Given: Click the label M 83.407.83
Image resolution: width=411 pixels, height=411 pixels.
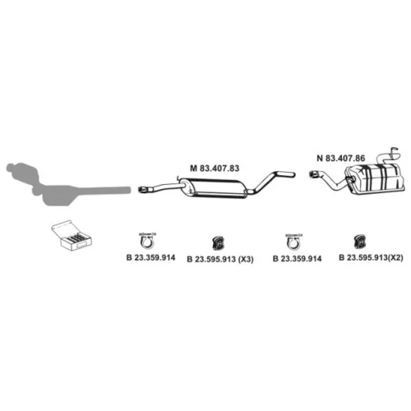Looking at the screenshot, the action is (x=215, y=168).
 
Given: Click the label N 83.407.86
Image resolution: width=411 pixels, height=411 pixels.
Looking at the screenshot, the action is (x=341, y=158).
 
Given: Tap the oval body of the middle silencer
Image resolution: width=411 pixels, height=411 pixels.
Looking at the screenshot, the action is (x=214, y=188).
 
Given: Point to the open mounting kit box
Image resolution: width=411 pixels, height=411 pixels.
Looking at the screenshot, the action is (x=72, y=235).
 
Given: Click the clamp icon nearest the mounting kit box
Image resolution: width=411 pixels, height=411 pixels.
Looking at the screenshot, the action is (x=147, y=241).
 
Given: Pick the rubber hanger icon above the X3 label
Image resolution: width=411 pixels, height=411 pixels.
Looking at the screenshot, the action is (x=218, y=242).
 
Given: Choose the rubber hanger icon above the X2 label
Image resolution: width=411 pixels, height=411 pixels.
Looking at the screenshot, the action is (x=360, y=242).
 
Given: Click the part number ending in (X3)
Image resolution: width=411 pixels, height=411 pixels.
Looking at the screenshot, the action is (x=220, y=259).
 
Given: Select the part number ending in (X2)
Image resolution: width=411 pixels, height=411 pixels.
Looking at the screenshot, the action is (x=371, y=257).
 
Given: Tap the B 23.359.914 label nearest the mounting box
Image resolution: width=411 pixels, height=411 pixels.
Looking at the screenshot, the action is (x=150, y=257).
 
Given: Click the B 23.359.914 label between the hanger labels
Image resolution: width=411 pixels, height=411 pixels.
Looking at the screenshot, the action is (x=298, y=259).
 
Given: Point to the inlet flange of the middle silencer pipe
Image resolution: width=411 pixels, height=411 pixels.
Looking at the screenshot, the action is (x=142, y=189).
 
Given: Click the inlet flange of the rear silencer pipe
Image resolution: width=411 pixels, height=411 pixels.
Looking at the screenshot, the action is (x=313, y=174).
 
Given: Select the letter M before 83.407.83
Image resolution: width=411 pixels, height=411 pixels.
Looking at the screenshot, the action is (x=193, y=168).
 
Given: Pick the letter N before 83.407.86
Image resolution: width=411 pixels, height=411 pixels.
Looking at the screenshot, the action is (x=320, y=158).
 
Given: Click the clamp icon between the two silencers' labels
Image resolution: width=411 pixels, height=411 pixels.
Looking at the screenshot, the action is (x=293, y=242).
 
